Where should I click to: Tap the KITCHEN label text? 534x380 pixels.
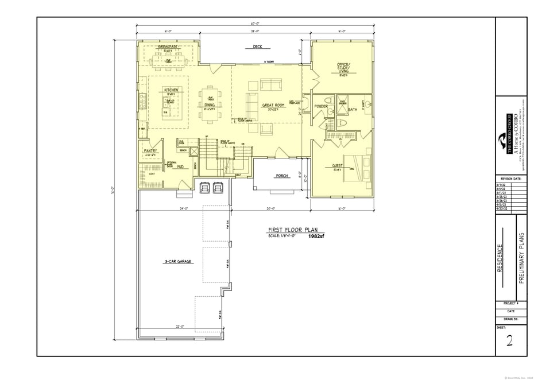(x=171, y=90)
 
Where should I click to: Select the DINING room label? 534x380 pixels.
(x=210, y=105)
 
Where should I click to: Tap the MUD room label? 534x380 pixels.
(x=180, y=166)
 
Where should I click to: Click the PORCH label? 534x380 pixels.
(x=282, y=176)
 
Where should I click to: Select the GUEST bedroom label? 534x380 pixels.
(x=338, y=165)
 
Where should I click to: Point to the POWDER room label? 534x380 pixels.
(x=321, y=106)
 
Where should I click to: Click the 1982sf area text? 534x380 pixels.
(x=316, y=236)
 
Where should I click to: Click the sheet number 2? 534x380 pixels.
(x=509, y=341)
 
